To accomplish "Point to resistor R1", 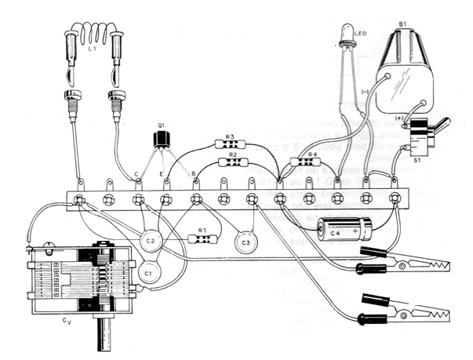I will point(202,238).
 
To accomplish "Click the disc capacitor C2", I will point(151,239).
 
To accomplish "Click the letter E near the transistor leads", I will point(162,174).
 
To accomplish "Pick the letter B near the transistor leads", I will point(194,174).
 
